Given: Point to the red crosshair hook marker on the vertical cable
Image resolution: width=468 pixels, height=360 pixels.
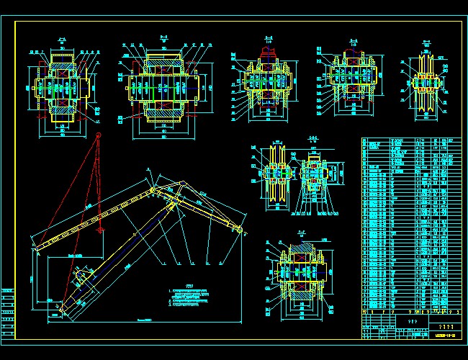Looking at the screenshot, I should pos(102,230).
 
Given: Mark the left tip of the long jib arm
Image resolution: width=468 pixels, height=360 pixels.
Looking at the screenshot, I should pos(34,247).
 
